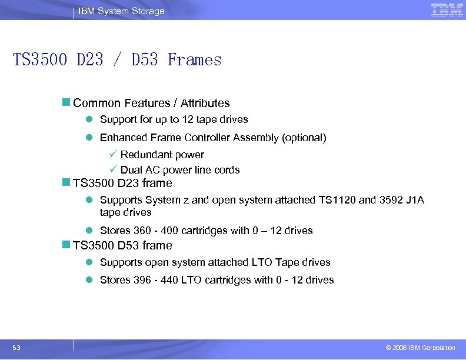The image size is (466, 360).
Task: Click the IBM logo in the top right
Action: (x=447, y=10)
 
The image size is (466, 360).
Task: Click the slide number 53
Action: (x=16, y=348)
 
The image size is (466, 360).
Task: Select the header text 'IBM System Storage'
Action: (x=122, y=11)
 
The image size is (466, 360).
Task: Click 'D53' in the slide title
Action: (x=145, y=60)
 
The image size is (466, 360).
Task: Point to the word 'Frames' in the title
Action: (x=195, y=60)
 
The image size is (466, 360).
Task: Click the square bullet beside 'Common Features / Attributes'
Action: (x=66, y=103)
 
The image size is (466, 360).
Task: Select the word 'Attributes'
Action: (x=205, y=103)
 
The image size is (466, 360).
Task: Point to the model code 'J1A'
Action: (x=415, y=200)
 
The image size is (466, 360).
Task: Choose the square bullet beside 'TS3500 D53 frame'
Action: (x=66, y=245)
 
